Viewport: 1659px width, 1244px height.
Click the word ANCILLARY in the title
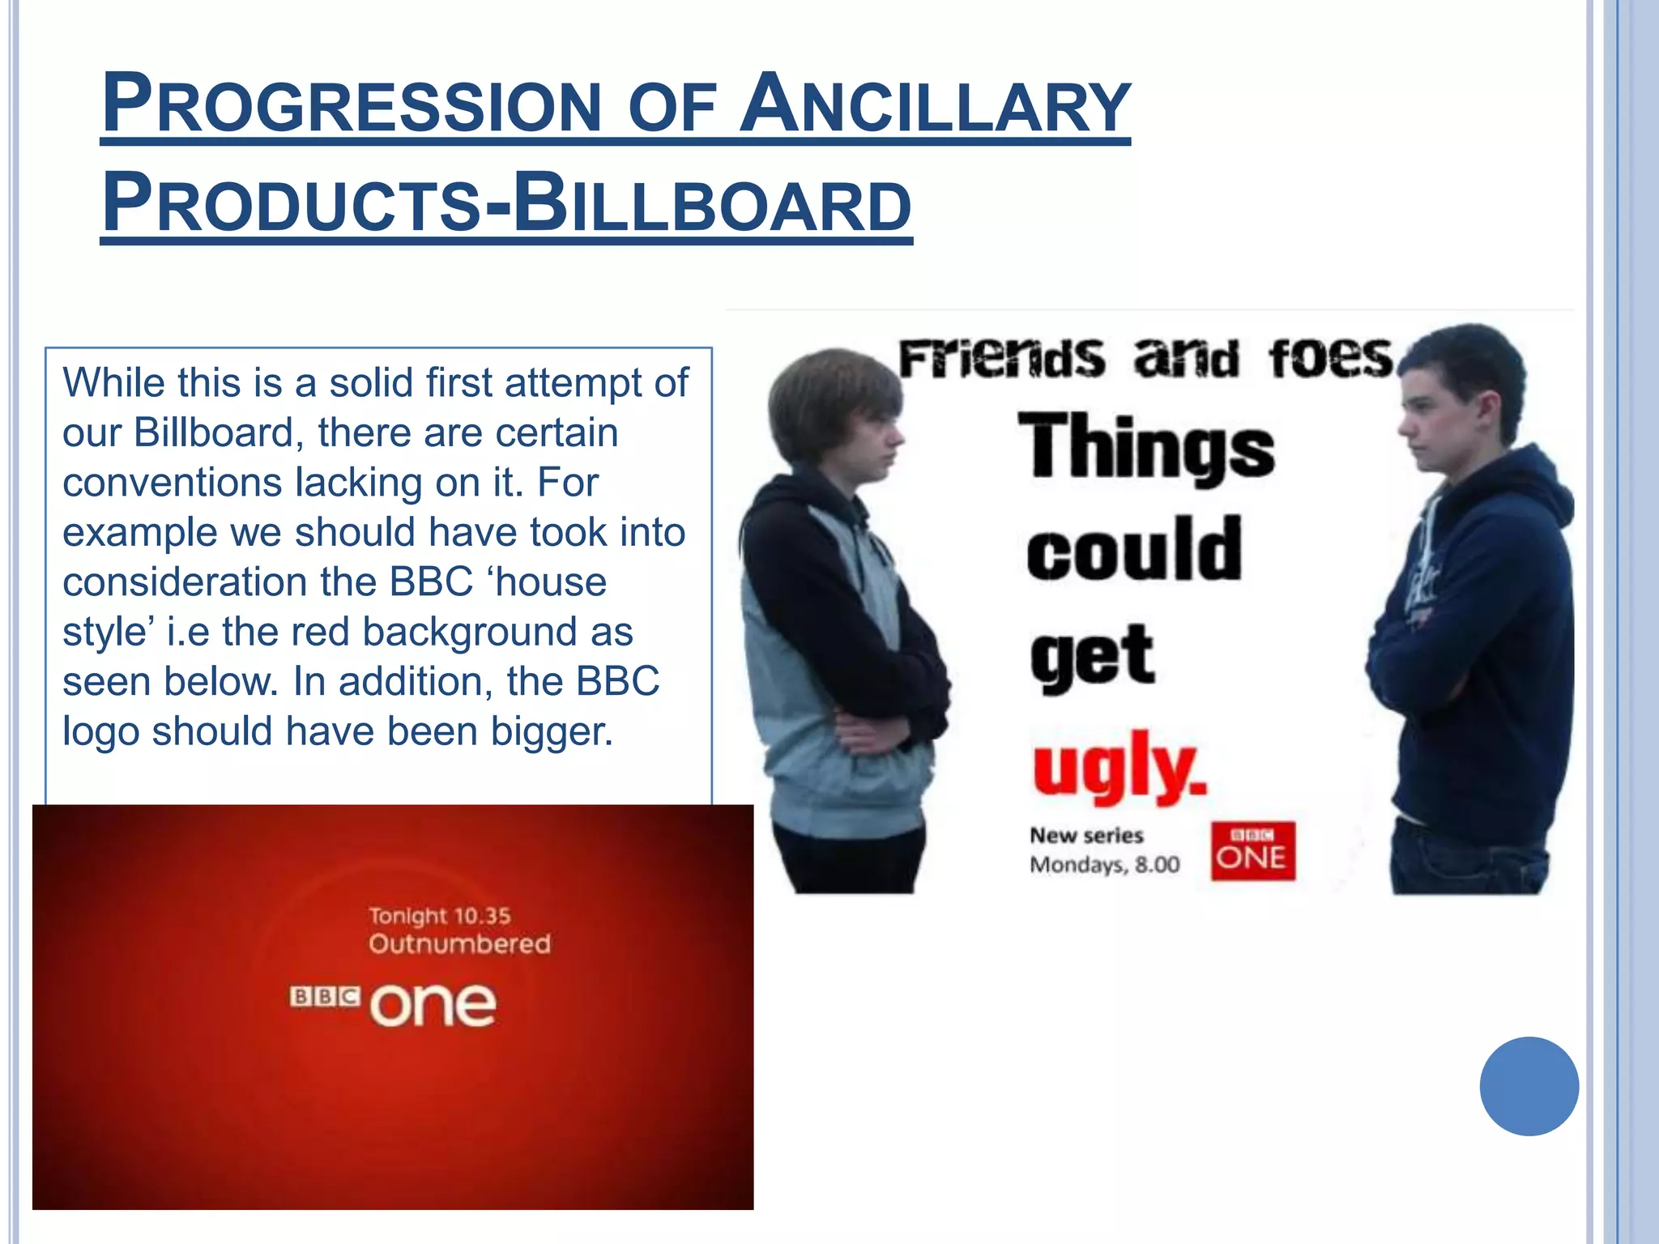(936, 105)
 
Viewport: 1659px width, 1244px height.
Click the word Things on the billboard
(1145, 446)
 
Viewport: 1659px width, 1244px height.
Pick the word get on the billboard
(1092, 656)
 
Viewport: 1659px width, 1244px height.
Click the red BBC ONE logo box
(1252, 850)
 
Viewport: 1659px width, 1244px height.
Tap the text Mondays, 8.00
(1104, 865)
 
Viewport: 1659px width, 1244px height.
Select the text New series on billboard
(1085, 835)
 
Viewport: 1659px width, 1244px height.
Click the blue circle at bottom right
(1529, 1086)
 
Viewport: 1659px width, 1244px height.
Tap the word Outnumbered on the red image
(459, 944)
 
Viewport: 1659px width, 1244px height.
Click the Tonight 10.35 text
(440, 916)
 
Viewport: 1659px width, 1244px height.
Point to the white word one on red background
(433, 1005)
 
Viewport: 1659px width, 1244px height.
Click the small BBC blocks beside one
(326, 996)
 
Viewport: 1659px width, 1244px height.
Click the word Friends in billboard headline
(1001, 359)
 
